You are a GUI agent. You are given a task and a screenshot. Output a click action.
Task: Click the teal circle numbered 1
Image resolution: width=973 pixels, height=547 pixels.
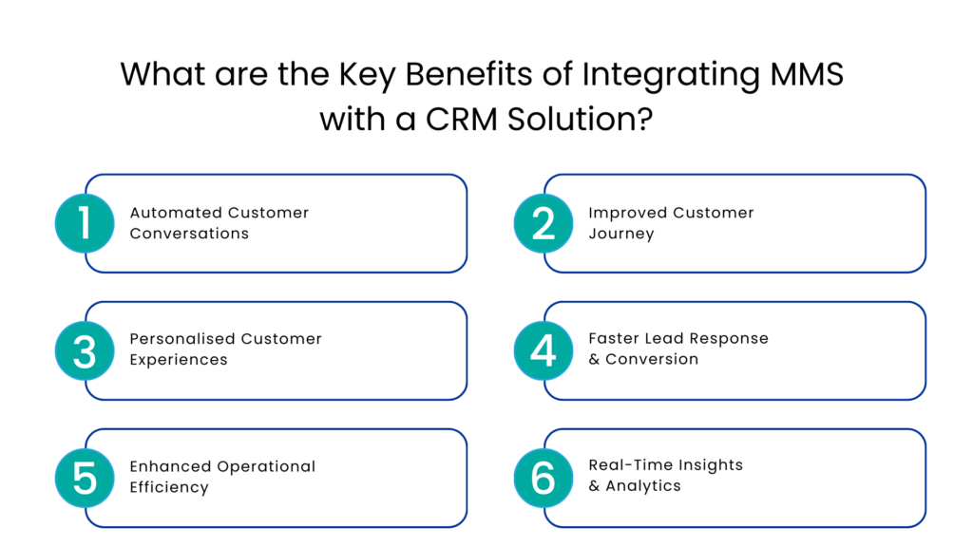pos(85,223)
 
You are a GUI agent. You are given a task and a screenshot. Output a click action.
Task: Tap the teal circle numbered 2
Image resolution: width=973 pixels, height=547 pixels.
pos(544,223)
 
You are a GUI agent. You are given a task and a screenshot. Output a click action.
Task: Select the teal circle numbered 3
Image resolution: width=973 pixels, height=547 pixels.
pos(85,350)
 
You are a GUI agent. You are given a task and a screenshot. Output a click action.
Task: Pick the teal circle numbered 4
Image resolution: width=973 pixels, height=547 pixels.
pos(544,350)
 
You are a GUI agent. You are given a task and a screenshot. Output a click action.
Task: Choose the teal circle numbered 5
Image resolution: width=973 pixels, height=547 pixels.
pos(85,478)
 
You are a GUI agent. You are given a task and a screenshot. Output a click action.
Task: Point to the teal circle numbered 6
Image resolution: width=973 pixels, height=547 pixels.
pos(544,478)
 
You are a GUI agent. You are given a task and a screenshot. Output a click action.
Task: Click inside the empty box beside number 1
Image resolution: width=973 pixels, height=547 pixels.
pos(290,223)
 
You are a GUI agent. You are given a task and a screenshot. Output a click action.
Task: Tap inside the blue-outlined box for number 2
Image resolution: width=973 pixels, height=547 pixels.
pos(749,223)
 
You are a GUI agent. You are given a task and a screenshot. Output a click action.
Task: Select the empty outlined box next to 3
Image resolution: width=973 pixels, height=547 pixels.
pos(290,350)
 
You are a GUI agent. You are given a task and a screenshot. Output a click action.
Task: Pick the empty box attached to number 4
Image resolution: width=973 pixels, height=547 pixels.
pos(749,350)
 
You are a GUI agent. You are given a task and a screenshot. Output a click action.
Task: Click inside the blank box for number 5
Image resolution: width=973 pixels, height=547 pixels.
pos(290,478)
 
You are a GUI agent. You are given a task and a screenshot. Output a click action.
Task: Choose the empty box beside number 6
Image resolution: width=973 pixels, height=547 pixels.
pos(749,478)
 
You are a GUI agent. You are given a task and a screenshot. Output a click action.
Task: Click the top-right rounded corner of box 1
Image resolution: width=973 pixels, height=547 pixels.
pos(462,180)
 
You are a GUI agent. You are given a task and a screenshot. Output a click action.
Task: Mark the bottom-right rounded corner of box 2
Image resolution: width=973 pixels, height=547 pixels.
pos(920,267)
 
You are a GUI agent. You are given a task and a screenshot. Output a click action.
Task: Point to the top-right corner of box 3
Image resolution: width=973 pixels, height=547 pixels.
pos(462,308)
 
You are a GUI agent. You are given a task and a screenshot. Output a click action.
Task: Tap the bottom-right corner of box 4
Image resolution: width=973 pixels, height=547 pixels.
pos(920,394)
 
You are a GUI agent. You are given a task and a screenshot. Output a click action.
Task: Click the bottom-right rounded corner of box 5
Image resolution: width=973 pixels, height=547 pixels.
pos(462,521)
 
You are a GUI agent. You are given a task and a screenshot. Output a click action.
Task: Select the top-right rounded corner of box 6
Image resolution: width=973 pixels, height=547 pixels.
pos(920,435)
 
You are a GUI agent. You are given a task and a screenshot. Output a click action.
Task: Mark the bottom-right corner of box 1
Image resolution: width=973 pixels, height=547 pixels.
pos(462,267)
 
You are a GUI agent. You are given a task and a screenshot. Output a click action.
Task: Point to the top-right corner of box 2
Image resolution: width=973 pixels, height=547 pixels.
pos(920,180)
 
